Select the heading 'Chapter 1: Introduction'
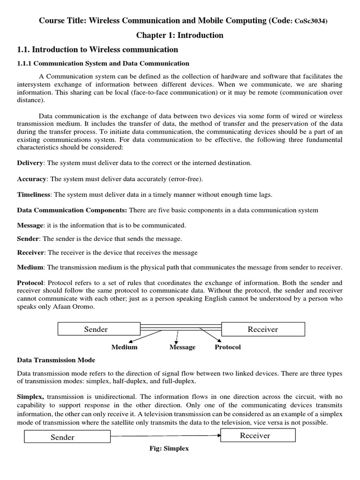tap(180, 36)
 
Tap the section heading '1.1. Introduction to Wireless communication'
tap(97, 50)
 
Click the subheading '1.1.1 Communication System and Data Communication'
tap(103, 63)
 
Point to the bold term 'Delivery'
tap(30, 163)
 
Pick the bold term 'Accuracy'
tap(31, 179)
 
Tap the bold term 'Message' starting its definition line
tap(30, 225)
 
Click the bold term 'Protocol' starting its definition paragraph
tap(30, 283)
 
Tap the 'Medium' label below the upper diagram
tap(124, 347)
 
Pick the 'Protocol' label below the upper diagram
tap(227, 347)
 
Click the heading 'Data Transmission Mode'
tap(56, 360)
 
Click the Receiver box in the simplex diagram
tap(257, 435)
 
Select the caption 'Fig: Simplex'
tap(169, 449)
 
